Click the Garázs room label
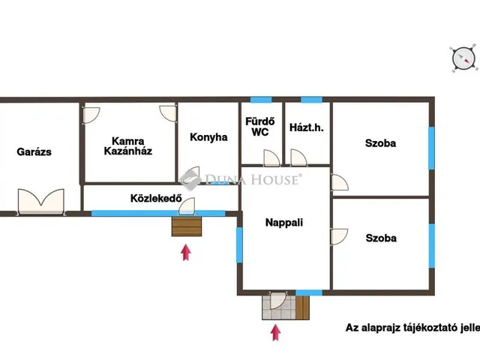click(34, 151)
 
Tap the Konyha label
click(208, 137)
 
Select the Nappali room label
click(284, 223)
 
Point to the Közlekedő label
click(156, 198)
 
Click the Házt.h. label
click(307, 127)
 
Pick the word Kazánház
click(128, 151)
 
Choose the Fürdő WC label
click(260, 127)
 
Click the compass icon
click(464, 59)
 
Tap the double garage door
click(41, 202)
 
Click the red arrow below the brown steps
click(186, 252)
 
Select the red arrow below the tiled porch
click(276, 333)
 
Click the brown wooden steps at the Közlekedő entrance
click(187, 226)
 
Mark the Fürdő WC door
click(271, 158)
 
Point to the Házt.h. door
click(298, 158)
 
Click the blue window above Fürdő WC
click(261, 100)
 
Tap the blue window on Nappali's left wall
click(239, 245)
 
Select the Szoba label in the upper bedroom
click(380, 143)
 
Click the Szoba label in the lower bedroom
click(381, 238)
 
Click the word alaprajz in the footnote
click(379, 328)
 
